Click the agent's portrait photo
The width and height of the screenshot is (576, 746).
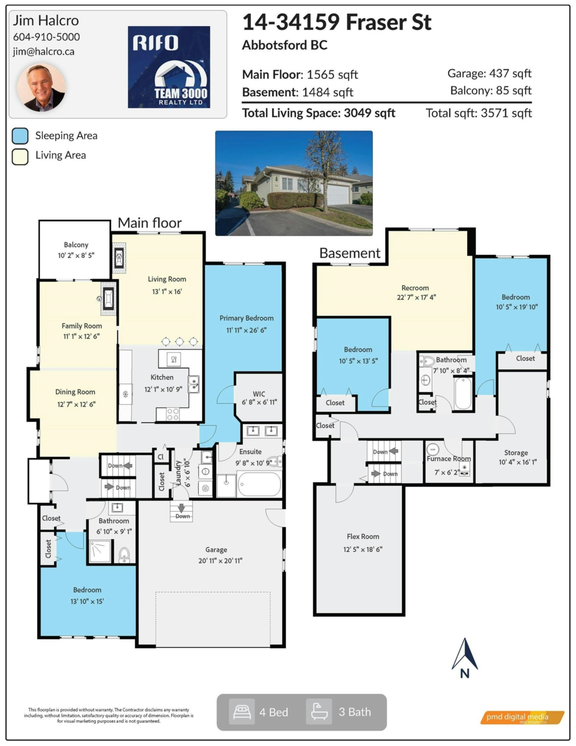(x=45, y=86)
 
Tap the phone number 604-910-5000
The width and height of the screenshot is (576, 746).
(x=46, y=37)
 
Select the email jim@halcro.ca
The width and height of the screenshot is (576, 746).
(x=43, y=52)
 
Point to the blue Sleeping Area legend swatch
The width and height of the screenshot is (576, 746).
(x=21, y=136)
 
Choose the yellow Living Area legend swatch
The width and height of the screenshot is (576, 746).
(x=21, y=155)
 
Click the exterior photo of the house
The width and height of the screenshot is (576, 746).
(x=294, y=183)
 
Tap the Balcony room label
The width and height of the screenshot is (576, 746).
(x=76, y=245)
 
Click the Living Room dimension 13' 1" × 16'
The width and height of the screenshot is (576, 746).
(x=167, y=290)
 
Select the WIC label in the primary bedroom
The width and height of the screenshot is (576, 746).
(x=259, y=394)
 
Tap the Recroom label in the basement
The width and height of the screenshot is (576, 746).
(x=415, y=288)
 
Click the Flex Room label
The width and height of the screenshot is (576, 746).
(x=363, y=536)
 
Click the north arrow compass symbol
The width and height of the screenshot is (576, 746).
(x=464, y=659)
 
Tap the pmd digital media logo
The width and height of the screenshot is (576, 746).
(x=523, y=717)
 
